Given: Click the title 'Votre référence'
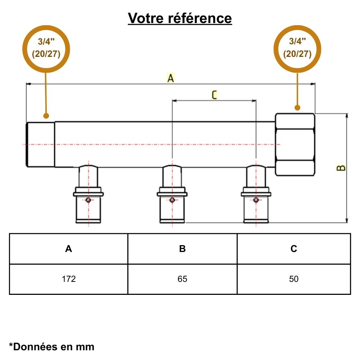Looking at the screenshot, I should coord(180,18).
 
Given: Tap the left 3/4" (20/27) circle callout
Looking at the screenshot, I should coord(46,49).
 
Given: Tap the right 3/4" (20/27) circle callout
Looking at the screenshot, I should coord(297,49).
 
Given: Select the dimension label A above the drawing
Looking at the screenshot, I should coord(171,78).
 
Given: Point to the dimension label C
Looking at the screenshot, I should coord(214,95).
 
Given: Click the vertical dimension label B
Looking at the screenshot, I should coord(341,168).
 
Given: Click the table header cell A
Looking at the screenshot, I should coord(68,249).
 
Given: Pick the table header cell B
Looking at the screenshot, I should coord(183,249).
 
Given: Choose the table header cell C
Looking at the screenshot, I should coord(294,249).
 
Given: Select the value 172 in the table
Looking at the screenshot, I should coord(68,279).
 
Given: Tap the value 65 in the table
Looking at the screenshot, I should coord(183,279).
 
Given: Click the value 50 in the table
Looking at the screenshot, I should coord(294,279).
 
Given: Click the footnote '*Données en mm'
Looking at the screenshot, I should coord(51,347).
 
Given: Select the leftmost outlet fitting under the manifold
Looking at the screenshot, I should coord(89,196).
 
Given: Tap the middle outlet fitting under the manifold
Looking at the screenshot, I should coord(172,196).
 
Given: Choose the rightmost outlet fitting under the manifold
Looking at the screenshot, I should coord(256,196).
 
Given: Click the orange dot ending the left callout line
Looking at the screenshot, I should coord(46,116).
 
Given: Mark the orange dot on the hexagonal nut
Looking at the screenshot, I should coord(297,107).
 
